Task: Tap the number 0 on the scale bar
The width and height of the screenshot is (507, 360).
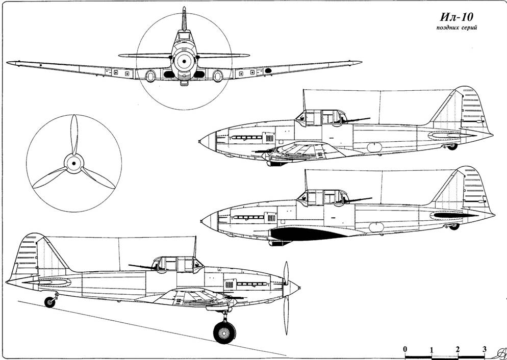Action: click(x=405, y=349)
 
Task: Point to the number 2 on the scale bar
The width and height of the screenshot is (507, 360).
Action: click(x=458, y=349)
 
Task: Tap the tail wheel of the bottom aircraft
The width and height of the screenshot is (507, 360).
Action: click(x=49, y=302)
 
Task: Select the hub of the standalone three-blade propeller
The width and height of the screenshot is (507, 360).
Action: click(x=74, y=163)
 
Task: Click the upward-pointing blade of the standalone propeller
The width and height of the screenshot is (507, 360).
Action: click(x=74, y=135)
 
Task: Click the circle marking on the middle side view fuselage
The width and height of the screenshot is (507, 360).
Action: click(x=377, y=228)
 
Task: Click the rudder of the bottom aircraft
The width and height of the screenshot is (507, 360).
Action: click(x=23, y=255)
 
